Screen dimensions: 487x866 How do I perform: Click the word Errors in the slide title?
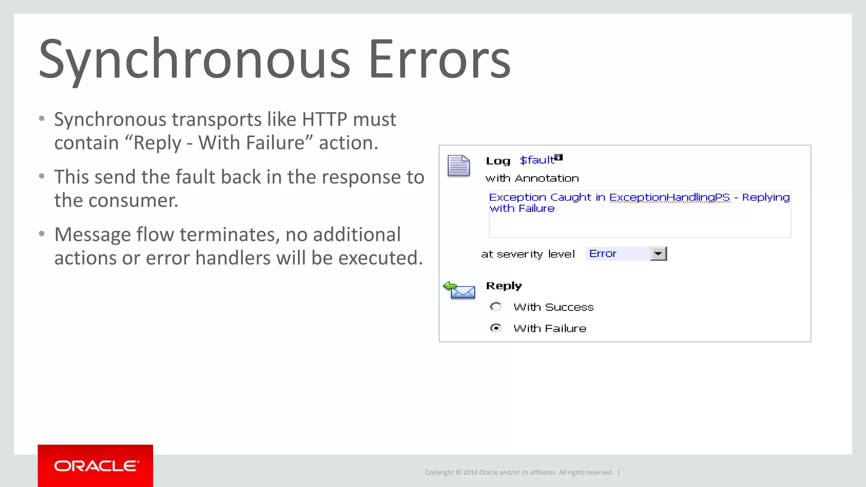440,59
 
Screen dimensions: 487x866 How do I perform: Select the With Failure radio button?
496,328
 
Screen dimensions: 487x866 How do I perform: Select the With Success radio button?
496,306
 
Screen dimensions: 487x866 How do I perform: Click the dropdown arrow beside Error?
658,254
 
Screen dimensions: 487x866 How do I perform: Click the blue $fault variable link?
537,160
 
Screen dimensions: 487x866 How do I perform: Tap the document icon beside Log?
459,165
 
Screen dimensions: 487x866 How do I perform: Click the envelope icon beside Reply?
460,290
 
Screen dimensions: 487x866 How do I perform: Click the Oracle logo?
96,466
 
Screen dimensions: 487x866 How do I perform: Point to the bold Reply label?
504,286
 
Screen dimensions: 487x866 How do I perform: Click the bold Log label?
498,161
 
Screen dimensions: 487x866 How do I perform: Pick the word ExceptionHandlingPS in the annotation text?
669,197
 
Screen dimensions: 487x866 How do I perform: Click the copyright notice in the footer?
519,472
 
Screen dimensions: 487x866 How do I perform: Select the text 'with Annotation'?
532,178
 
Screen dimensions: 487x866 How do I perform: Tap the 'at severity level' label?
528,254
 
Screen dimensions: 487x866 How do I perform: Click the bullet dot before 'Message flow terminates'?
41,234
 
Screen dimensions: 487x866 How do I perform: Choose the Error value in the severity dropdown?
603,254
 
